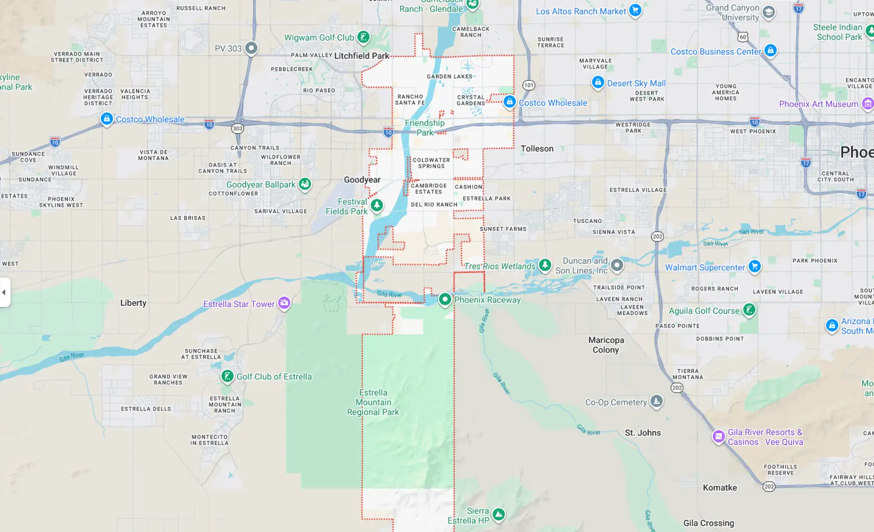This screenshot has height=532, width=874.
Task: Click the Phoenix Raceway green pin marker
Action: [x=445, y=299]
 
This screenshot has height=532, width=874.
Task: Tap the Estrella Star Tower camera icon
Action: [x=284, y=302]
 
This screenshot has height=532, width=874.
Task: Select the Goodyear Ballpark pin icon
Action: [x=305, y=184]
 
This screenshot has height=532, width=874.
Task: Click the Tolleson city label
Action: [x=537, y=148]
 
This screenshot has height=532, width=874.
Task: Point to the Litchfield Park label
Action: [x=361, y=56]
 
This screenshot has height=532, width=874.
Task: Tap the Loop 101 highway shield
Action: [x=528, y=85]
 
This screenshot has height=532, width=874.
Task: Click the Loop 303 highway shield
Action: [x=237, y=128]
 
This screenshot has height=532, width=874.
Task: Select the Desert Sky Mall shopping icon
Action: [x=598, y=82]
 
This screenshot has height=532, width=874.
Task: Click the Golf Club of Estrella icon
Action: [x=227, y=376]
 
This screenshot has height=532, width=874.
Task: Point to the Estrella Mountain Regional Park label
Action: [x=373, y=402]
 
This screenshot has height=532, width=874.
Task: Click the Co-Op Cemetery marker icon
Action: [x=656, y=401]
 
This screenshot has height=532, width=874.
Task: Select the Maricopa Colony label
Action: [x=606, y=345]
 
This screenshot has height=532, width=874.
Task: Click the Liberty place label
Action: [x=133, y=303]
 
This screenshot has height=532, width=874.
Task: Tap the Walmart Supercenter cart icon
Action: [x=755, y=266]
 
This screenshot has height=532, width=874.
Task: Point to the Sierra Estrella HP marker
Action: [x=499, y=515]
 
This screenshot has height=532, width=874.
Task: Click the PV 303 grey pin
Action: [x=251, y=48]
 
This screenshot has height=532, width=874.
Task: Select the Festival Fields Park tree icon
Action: [x=376, y=205]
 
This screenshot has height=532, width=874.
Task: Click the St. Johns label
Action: [x=642, y=433]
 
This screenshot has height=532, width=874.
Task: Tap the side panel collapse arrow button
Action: [x=4, y=292]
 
